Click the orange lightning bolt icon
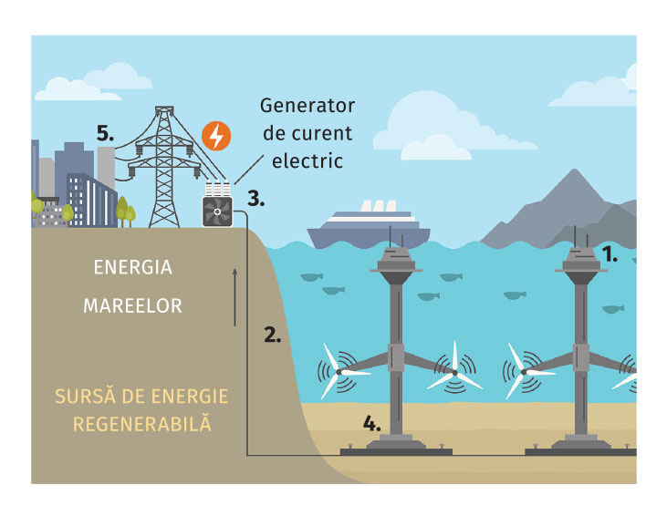click(x=215, y=136)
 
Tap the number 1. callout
click(x=609, y=256)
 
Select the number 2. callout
click(x=272, y=334)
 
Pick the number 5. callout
click(x=106, y=133)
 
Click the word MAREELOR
click(x=132, y=306)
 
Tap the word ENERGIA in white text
click(x=132, y=268)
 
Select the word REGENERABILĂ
click(x=142, y=425)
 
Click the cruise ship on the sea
click(x=369, y=226)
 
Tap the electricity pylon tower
click(x=163, y=169)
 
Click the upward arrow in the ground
click(x=235, y=297)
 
